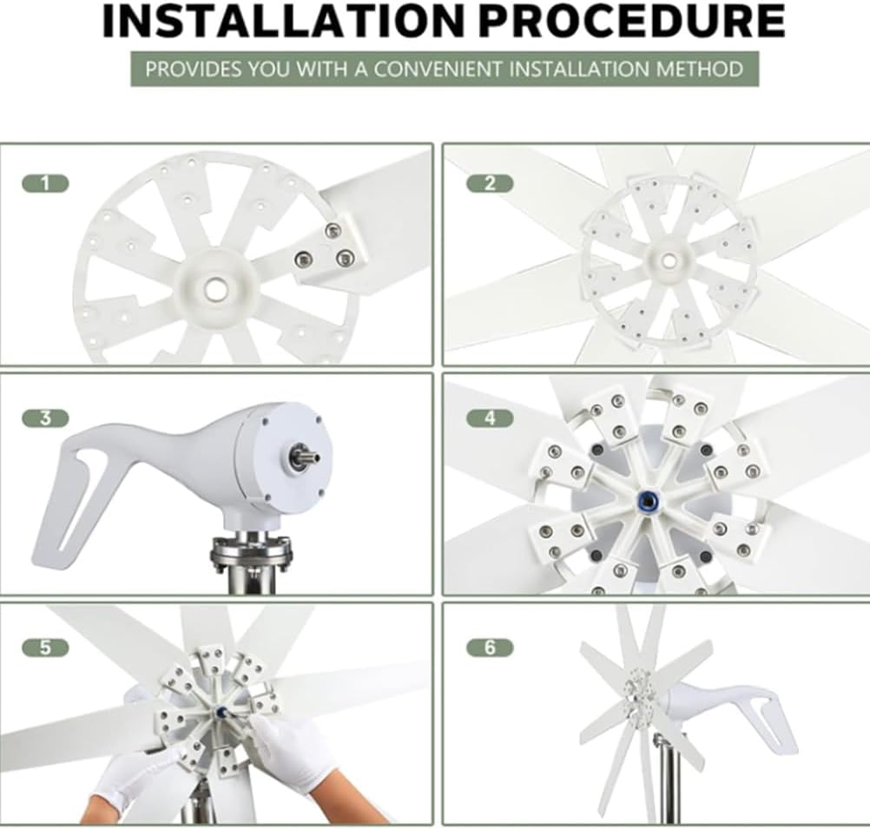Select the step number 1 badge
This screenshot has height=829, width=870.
coord(45,183)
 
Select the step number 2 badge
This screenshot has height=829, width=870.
coord(490,183)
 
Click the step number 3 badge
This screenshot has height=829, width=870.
coord(45,418)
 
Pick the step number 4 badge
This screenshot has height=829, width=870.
coord(490,418)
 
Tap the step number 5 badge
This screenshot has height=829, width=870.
coord(45,648)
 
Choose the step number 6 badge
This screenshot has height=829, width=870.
coord(490,648)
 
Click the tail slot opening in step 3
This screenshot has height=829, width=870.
coord(81,495)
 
